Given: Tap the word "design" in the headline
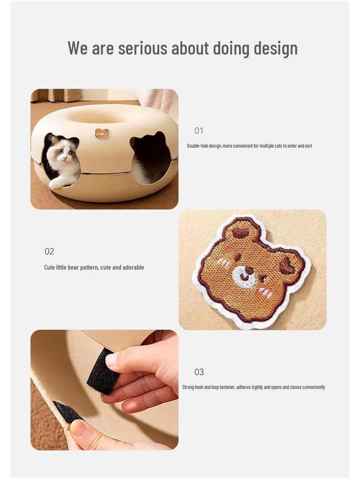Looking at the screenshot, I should [x=276, y=49].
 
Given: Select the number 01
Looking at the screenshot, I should [x=199, y=131].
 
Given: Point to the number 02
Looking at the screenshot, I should [x=49, y=252].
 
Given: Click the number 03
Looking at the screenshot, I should [x=199, y=372].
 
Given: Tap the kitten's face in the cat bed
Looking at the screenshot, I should [x=64, y=154].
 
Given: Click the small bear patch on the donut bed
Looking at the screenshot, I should [x=102, y=134].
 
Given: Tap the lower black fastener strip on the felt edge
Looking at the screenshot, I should [x=66, y=411].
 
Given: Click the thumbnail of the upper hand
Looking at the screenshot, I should [x=112, y=360].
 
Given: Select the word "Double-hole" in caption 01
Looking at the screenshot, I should [x=198, y=146].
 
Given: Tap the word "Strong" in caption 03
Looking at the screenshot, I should [x=188, y=387].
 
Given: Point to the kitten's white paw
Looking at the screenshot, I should [x=56, y=184].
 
